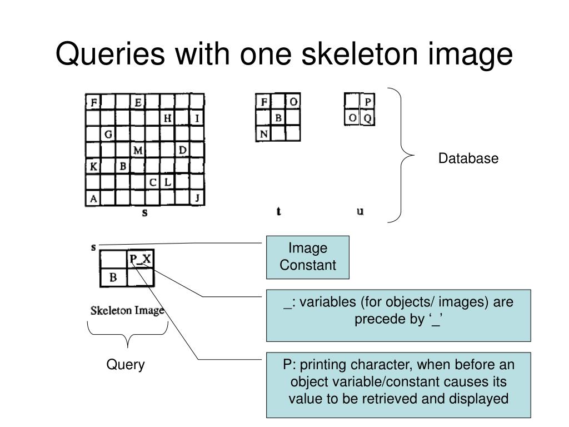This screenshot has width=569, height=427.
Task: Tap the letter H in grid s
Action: pos(167,118)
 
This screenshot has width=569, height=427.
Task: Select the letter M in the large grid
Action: pos(138,150)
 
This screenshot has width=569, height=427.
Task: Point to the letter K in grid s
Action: pos(93,166)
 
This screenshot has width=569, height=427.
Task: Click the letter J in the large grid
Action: pos(197,198)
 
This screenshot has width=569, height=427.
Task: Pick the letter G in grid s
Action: pos(108,134)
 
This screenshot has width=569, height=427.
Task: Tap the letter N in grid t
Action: pos(264,133)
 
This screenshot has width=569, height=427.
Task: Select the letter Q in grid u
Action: pos(367,118)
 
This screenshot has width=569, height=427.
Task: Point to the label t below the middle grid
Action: pos(278,211)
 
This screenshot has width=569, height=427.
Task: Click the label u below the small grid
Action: pos(360,211)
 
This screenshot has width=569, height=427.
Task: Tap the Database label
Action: pos(468,158)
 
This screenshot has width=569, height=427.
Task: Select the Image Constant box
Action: pos(308,257)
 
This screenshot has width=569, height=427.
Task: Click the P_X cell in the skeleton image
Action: pos(141,259)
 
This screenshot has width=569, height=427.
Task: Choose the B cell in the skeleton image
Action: pos(113,277)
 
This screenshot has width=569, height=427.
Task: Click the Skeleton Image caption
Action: pos(127,310)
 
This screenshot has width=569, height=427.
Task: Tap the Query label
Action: pos(126,365)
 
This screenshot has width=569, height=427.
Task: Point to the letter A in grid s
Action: pos(93,198)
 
